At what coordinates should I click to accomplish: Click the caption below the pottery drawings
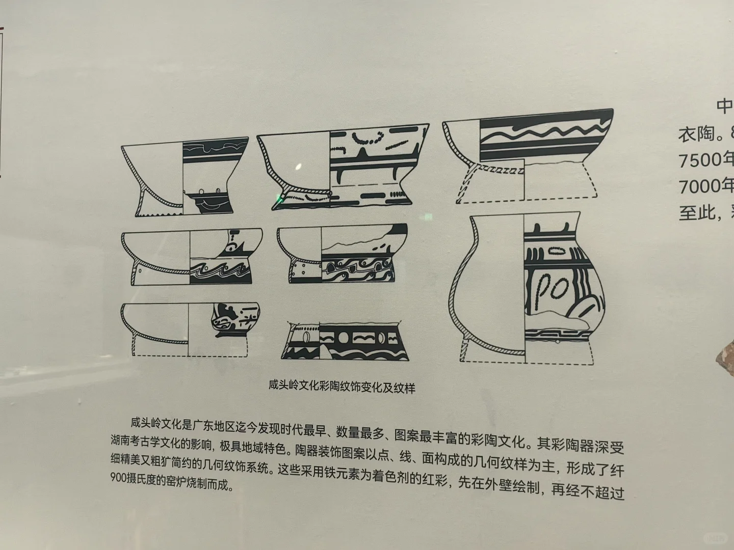tap(342, 388)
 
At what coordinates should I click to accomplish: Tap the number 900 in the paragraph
tap(119, 479)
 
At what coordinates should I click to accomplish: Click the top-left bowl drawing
tap(185, 176)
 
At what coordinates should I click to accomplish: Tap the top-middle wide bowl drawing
tap(343, 166)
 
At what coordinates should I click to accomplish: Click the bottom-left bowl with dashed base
tap(190, 328)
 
